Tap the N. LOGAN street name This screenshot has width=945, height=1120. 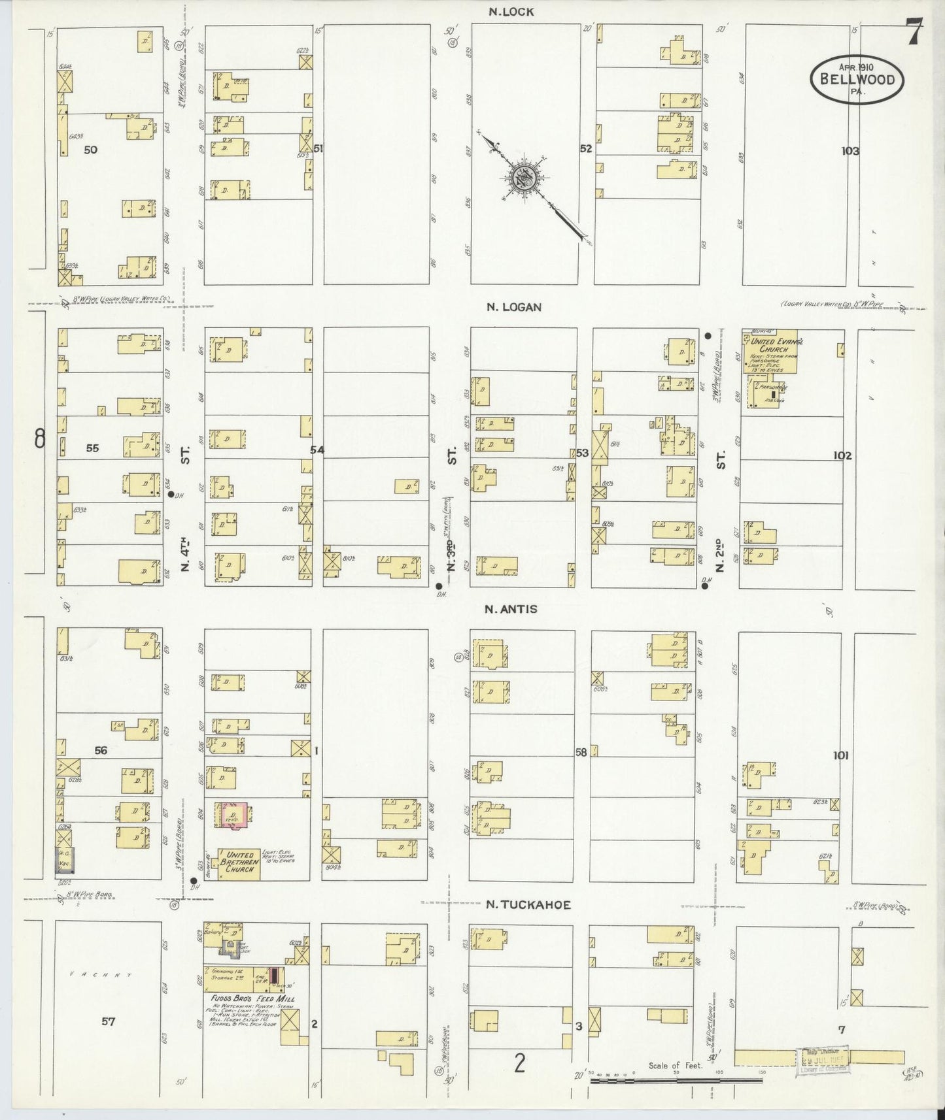point(514,306)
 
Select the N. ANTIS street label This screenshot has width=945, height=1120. point(511,609)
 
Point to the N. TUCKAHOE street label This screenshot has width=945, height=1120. point(529,905)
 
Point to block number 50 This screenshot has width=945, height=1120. point(90,150)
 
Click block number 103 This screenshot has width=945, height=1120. point(850,151)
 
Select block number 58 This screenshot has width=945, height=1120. point(581,752)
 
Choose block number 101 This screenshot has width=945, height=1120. point(840,755)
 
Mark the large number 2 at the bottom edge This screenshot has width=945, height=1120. point(519,1064)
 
